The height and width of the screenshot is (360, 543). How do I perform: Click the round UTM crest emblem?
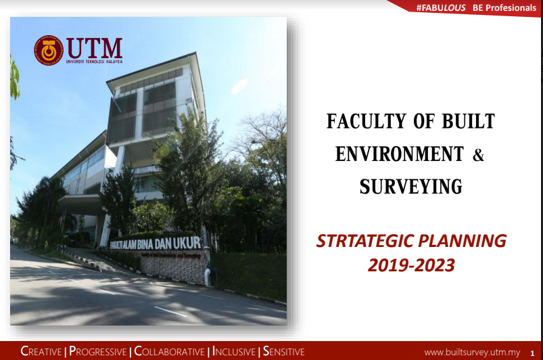click(49, 50)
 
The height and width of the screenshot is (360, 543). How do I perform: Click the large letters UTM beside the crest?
click(95, 48)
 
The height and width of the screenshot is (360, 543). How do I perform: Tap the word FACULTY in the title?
click(367, 121)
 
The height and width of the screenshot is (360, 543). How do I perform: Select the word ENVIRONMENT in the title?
click(400, 154)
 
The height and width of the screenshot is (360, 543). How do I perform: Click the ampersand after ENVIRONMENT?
click(478, 154)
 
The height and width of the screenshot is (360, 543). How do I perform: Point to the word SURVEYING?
click(410, 186)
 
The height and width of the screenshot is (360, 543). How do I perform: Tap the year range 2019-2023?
click(411, 265)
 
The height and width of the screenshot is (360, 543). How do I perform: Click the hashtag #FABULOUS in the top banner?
click(440, 7)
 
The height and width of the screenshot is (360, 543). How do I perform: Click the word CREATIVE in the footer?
click(41, 351)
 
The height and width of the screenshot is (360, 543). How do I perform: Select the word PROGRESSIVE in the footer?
click(97, 351)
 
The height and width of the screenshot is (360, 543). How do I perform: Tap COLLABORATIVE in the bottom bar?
click(169, 351)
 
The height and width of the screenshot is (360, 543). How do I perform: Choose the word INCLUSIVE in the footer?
click(234, 351)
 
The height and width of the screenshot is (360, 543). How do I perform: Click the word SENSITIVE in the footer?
click(283, 351)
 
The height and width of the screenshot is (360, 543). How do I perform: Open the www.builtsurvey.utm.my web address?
click(472, 353)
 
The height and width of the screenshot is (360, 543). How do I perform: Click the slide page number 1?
click(532, 353)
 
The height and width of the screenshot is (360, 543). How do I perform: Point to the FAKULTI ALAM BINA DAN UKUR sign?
click(155, 243)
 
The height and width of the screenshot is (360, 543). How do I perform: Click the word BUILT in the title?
click(468, 121)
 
